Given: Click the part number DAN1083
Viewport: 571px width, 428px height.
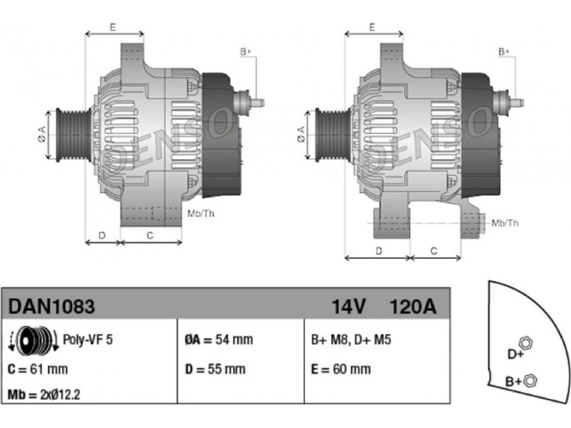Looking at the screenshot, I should [51, 306].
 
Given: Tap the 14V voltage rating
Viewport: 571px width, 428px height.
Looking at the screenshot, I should [348, 307].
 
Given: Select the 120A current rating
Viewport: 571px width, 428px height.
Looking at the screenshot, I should [412, 307].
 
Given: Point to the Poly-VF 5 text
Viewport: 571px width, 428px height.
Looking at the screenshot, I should [88, 340].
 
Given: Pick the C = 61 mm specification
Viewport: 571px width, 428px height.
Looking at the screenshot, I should [37, 369].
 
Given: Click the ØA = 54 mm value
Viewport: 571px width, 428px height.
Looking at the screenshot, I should [218, 340].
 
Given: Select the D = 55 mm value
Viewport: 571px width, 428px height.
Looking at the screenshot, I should [214, 369].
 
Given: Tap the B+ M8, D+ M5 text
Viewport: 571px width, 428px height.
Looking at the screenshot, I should [351, 340].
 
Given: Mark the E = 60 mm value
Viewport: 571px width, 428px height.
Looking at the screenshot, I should [341, 369].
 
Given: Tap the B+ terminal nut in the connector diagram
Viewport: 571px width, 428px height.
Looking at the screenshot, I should [529, 380].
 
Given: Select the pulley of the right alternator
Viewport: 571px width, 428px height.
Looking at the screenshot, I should [328, 135].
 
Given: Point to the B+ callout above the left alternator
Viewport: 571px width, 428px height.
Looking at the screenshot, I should [245, 52].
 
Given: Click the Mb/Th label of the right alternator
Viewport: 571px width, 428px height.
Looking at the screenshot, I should [506, 223].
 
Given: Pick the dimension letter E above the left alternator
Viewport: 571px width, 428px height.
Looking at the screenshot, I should [113, 27].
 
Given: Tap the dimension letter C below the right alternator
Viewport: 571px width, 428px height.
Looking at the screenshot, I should [435, 250].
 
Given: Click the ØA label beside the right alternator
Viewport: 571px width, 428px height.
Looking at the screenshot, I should [301, 135].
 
